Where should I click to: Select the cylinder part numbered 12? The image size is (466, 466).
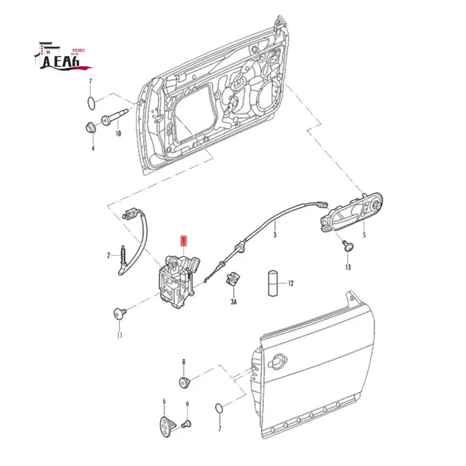273,284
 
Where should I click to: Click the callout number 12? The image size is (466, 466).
291,284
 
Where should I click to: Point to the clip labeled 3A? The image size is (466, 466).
232,280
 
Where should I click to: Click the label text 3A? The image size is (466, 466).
234,302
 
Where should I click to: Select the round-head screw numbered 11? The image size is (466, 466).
120,315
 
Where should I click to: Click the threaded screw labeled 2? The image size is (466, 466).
123,255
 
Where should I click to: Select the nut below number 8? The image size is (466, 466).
185,382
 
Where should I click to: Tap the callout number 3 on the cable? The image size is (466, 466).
275,235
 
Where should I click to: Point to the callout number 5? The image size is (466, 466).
364,235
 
